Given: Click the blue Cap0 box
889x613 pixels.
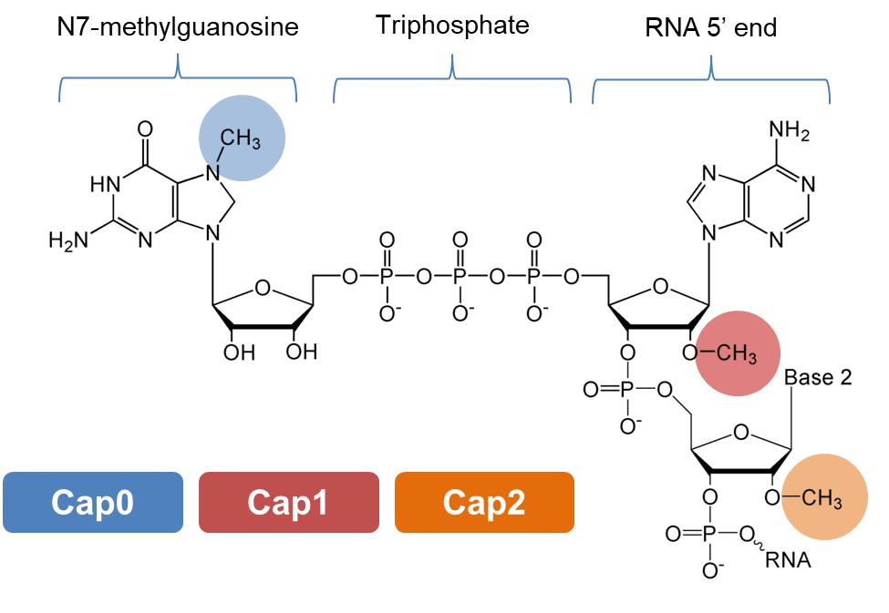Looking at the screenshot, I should tap(93, 502).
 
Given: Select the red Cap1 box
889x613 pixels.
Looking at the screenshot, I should tap(288, 502).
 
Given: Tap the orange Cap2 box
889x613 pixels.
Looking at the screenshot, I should tap(484, 502).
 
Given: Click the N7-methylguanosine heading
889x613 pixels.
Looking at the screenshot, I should tap(178, 27).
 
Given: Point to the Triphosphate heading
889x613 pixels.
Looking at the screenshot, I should tap(452, 25).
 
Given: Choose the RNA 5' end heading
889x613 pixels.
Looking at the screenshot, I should tap(710, 27).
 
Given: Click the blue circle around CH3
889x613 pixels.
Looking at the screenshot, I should tap(243, 138).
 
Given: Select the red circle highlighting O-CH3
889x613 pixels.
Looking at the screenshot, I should tap(738, 353).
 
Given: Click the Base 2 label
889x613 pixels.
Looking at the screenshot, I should tap(818, 377).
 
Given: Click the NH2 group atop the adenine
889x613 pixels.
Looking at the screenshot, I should tap(789, 133).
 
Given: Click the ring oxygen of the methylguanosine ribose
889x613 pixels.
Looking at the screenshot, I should tap(263, 290).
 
